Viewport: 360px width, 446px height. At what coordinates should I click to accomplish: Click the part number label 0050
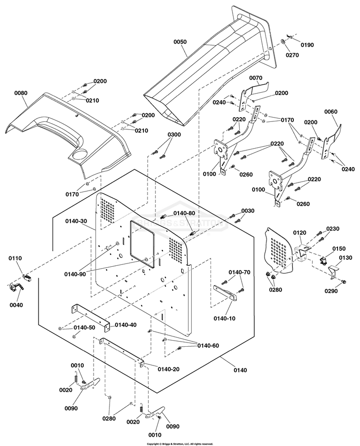tap(180, 42)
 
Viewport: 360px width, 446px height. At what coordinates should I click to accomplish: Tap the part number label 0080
tap(21, 93)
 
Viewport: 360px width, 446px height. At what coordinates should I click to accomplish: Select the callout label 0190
tap(307, 45)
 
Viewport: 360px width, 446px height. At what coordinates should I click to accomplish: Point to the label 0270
tap(292, 55)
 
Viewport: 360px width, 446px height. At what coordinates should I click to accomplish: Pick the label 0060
tap(331, 111)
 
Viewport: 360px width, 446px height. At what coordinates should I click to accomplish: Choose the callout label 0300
tap(174, 135)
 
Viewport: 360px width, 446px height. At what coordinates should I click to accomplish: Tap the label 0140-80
tap(184, 213)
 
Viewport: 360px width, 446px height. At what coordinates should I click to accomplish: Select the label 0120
tap(300, 233)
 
